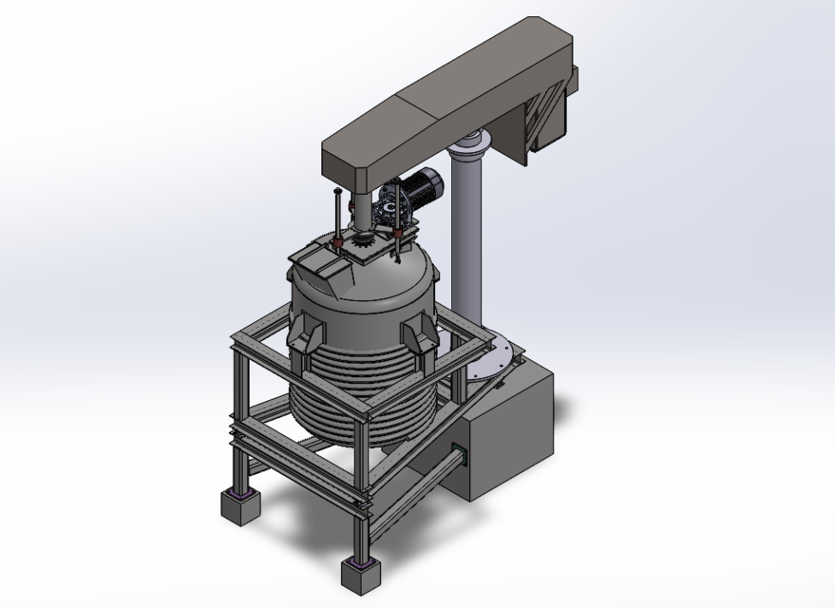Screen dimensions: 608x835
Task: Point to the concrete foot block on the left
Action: coord(240,504)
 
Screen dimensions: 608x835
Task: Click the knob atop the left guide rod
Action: coord(336,193)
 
